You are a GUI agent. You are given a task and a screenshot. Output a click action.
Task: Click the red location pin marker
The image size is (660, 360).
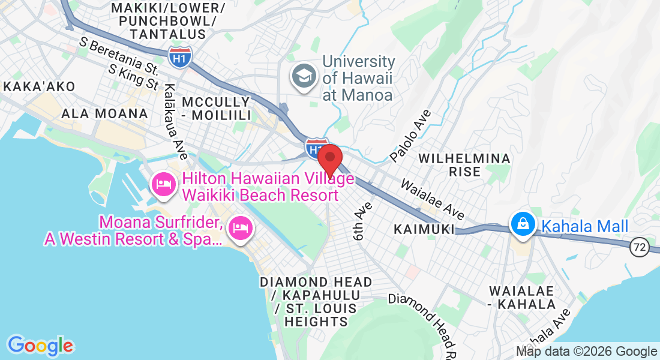329,160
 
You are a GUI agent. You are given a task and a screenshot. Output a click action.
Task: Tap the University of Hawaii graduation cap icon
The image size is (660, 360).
304,77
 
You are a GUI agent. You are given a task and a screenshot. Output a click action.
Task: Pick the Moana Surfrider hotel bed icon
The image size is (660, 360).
240,229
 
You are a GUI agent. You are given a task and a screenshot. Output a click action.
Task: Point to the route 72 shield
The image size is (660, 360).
639,245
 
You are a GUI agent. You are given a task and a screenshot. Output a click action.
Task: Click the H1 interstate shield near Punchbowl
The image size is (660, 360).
180,58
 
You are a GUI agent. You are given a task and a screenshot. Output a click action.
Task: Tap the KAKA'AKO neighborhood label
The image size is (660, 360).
40,86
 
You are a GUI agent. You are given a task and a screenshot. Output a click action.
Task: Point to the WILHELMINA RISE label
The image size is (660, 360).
464,165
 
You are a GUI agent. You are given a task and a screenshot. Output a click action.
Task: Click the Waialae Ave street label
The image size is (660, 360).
433,199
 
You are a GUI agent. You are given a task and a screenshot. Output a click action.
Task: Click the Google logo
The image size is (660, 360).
40,346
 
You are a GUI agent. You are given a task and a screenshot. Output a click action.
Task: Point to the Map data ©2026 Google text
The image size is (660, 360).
587,352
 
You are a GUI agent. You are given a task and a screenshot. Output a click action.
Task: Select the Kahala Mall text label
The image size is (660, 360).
584,226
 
